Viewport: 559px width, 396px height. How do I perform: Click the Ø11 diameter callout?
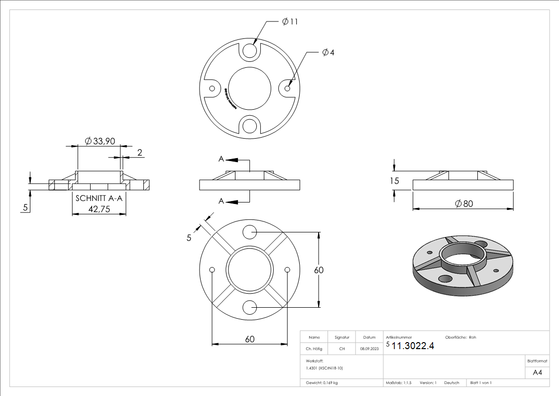pyautogui.click(x=290, y=21)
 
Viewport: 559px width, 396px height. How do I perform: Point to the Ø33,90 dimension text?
pyautogui.click(x=100, y=141)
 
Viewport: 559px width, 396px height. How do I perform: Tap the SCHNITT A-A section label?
pyautogui.click(x=99, y=198)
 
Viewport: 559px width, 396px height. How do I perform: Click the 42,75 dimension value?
pyautogui.click(x=99, y=209)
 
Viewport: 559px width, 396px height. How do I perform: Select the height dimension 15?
pyautogui.click(x=394, y=181)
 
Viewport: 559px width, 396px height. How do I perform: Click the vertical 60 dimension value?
pyautogui.click(x=319, y=270)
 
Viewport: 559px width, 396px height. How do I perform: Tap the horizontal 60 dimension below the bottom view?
pyautogui.click(x=250, y=339)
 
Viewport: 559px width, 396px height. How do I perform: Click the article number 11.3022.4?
pyautogui.click(x=413, y=346)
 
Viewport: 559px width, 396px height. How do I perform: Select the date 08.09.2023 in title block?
pyautogui.click(x=369, y=349)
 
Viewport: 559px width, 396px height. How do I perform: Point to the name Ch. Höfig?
pyautogui.click(x=314, y=349)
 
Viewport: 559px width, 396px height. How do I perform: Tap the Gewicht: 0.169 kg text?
pyautogui.click(x=322, y=383)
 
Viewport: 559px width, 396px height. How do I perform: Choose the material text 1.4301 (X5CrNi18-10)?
pyautogui.click(x=325, y=368)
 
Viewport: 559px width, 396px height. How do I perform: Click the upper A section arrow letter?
pyautogui.click(x=221, y=159)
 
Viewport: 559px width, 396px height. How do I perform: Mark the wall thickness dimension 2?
pyautogui.click(x=140, y=153)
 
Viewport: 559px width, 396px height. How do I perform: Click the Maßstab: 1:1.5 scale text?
pyautogui.click(x=399, y=383)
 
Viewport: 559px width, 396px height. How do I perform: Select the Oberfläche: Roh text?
pyautogui.click(x=460, y=338)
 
